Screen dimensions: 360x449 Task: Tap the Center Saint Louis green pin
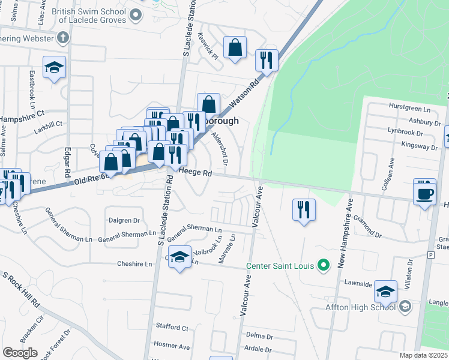pyautogui.click(x=324, y=264)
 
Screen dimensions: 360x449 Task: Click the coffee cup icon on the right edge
pyautogui.click(x=425, y=193)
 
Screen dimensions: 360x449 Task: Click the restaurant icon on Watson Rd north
pyautogui.click(x=265, y=59)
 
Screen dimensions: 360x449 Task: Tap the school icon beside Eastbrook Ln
pyautogui.click(x=54, y=67)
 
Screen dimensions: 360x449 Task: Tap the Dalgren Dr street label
pyautogui.click(x=124, y=220)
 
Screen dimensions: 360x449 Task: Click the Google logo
pyautogui.click(x=20, y=353)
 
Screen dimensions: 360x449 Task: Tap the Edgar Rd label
pyautogui.click(x=67, y=162)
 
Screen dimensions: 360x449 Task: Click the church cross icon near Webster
pyautogui.click(x=63, y=37)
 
